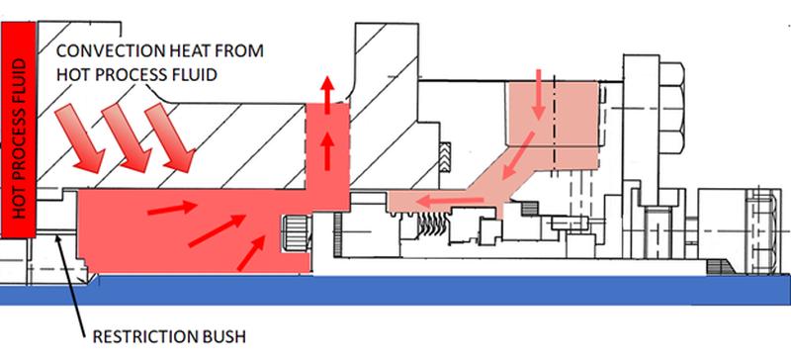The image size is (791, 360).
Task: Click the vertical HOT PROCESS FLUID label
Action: tap(18, 139)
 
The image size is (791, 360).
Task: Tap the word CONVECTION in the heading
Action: tap(105, 51)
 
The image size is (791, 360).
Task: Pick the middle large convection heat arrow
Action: tap(127, 137)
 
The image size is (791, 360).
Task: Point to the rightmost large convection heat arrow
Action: tap(170, 136)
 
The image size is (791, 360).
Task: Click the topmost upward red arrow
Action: tap(328, 94)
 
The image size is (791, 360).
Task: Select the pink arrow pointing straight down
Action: tap(539, 95)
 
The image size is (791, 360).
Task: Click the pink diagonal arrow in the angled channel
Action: tap(517, 155)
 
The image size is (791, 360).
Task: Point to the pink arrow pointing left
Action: tap(449, 202)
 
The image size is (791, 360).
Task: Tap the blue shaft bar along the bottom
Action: tap(395, 290)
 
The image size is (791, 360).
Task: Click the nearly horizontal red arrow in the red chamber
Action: tap(172, 208)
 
